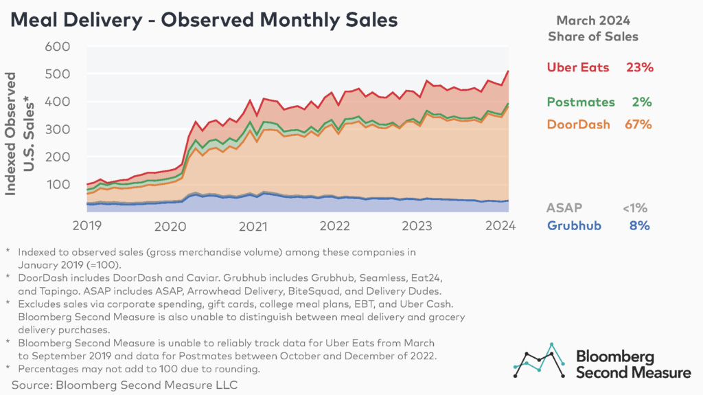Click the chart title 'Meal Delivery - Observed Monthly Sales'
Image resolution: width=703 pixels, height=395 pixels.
(203, 20)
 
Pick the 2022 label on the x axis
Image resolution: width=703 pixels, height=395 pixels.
(334, 225)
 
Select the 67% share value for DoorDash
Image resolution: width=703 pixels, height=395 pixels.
(638, 124)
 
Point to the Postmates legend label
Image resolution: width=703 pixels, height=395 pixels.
(581, 102)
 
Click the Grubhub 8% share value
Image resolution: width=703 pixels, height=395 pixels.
(641, 225)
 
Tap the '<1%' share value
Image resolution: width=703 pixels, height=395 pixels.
(634, 207)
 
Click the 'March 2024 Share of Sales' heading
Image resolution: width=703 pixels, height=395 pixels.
(592, 28)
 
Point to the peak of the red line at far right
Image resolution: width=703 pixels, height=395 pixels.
(507, 71)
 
